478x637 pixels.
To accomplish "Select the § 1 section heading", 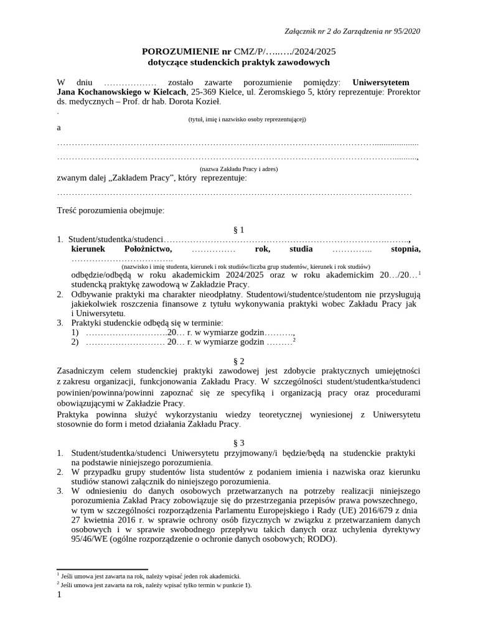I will [x=238, y=229].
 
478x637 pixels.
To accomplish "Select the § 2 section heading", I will [x=238, y=361].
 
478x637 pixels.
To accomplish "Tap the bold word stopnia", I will [x=405, y=249].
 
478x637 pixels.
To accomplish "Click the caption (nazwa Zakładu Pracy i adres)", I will [x=238, y=169].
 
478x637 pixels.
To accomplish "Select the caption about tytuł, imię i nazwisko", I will [x=238, y=119].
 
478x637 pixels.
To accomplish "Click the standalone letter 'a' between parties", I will [x=59, y=128].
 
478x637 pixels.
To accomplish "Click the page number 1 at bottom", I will [x=59, y=595].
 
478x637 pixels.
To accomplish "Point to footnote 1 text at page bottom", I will [x=150, y=577].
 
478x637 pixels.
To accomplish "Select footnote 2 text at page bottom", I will [x=156, y=585].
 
